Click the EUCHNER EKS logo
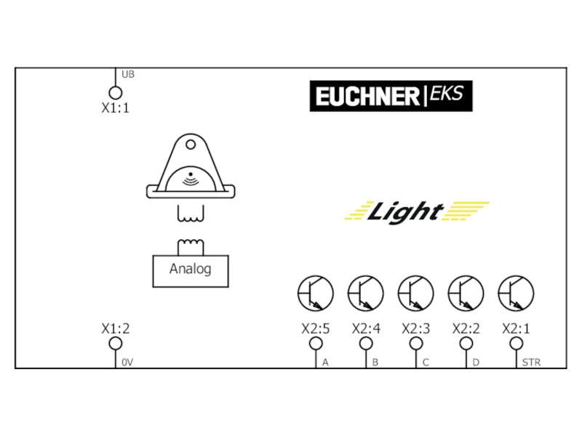point(391,96)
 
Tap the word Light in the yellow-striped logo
point(405,212)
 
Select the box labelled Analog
point(191,271)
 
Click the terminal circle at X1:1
point(116,92)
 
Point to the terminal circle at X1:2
point(116,343)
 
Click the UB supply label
point(128,75)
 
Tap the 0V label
point(127,363)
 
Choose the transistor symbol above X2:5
point(316,294)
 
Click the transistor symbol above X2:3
point(415,294)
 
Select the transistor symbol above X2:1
point(516,294)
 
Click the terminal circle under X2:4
point(366,343)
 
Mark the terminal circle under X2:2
point(466,343)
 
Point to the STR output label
point(531,362)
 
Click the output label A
point(325,362)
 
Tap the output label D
point(476,362)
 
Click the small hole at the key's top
point(191,144)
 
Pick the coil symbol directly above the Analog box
point(191,247)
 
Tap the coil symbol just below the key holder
point(191,214)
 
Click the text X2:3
point(415,328)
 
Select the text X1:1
point(116,108)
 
